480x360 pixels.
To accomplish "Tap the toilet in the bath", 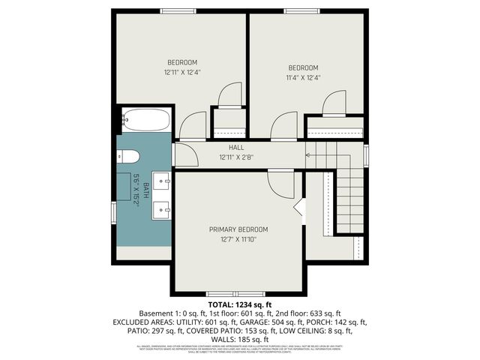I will click(x=128, y=157).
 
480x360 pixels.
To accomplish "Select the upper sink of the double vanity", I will click(x=163, y=181).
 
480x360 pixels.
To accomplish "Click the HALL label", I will click(x=236, y=148).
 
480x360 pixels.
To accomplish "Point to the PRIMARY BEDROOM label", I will click(x=238, y=229).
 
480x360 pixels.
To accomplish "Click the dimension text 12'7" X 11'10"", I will click(x=238, y=240).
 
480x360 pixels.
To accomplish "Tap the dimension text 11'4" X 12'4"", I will click(x=303, y=77).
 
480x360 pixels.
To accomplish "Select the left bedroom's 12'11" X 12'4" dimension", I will click(x=182, y=72).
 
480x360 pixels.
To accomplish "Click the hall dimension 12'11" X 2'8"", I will click(x=236, y=158).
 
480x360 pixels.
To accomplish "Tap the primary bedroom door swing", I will click(x=283, y=184).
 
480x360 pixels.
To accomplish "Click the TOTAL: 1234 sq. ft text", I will click(x=239, y=304).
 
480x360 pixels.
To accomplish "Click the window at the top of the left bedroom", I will click(x=179, y=10).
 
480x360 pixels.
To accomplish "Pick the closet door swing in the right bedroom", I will click(x=334, y=102).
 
